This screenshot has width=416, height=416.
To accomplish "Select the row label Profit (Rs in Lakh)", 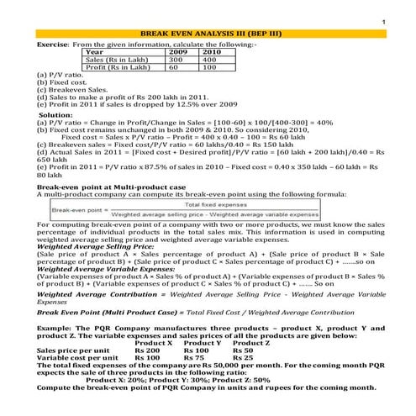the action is [124, 67].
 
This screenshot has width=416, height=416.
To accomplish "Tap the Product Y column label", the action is [203, 343].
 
